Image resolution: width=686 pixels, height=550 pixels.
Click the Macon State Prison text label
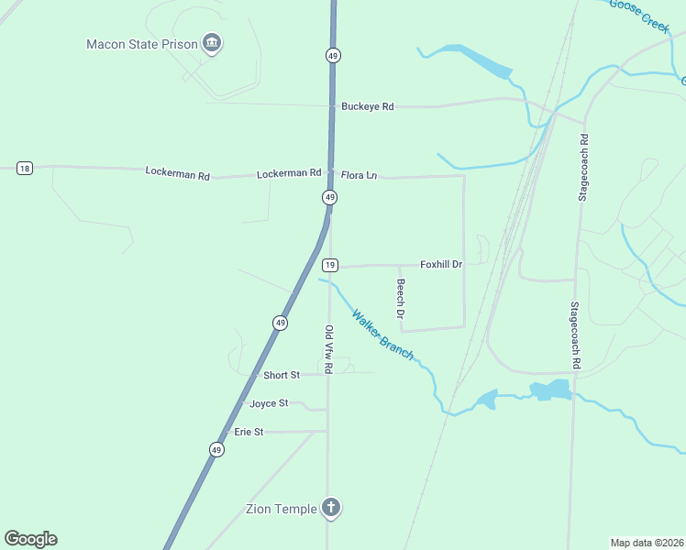142,44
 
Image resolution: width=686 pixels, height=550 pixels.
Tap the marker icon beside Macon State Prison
212,42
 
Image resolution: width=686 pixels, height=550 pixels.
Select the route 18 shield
24,168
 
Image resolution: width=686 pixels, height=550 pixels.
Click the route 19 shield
331,265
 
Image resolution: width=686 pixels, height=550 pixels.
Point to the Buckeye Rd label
367,106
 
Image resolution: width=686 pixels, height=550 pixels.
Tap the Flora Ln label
359,174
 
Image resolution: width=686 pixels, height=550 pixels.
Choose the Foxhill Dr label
441,264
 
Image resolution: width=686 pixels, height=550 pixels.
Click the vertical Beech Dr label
401,299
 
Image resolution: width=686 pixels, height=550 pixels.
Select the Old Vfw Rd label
328,347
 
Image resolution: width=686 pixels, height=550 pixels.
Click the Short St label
282,375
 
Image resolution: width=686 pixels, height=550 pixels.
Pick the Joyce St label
269,403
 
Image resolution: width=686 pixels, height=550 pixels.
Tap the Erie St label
249,431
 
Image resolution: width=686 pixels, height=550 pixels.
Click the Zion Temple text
281,509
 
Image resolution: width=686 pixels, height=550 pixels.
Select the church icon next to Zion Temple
331,507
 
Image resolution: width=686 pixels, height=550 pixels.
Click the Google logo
30,539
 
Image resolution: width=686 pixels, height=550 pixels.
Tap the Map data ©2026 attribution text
647,543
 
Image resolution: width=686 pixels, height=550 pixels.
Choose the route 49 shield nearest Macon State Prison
332,55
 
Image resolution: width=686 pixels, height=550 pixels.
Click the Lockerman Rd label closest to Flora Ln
289,172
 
